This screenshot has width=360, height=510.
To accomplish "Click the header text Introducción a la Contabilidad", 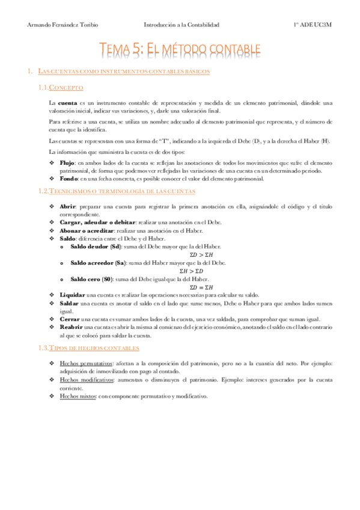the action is click(x=182, y=25).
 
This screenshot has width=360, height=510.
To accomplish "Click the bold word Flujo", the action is click(x=68, y=163).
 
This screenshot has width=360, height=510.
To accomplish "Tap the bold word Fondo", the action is click(x=69, y=179).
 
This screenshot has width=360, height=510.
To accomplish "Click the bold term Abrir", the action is click(x=68, y=207).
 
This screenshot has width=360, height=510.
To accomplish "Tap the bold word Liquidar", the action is click(x=73, y=295).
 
